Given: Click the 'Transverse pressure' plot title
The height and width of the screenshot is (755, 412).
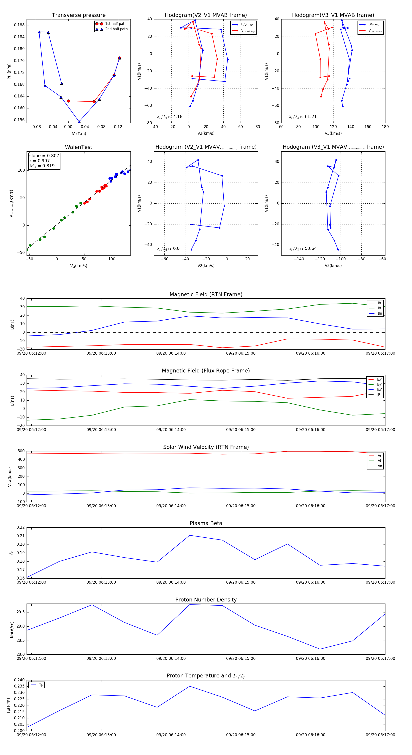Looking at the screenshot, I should pos(79,15).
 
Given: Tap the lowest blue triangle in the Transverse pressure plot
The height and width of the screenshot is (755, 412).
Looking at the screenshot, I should pos(79,122).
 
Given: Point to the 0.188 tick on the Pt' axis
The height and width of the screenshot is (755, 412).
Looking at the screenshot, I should pos(19,25).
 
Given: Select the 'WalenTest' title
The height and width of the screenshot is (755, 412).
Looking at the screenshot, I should pos(79,147).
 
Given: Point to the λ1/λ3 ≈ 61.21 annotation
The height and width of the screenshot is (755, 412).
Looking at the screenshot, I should pos(303,117).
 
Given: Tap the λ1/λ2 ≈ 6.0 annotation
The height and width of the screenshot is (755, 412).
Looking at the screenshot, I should pos(168,248).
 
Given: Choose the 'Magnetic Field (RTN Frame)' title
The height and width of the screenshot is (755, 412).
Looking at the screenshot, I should pos(206,294).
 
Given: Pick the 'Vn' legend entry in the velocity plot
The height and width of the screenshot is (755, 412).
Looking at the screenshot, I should pos(379,466).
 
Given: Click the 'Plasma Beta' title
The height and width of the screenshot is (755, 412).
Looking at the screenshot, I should pos(206,523).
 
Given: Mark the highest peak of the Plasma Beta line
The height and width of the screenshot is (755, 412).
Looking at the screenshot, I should pos(190,535).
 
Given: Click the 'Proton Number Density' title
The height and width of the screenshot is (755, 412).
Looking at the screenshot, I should pos(206,600).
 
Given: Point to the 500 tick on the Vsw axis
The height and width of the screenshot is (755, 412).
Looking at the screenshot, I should pos(21,451).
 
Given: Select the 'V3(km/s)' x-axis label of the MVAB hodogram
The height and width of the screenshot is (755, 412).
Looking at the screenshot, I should pos(333,133).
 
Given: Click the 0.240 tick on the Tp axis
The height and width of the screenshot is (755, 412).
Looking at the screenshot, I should pos(19,680).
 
